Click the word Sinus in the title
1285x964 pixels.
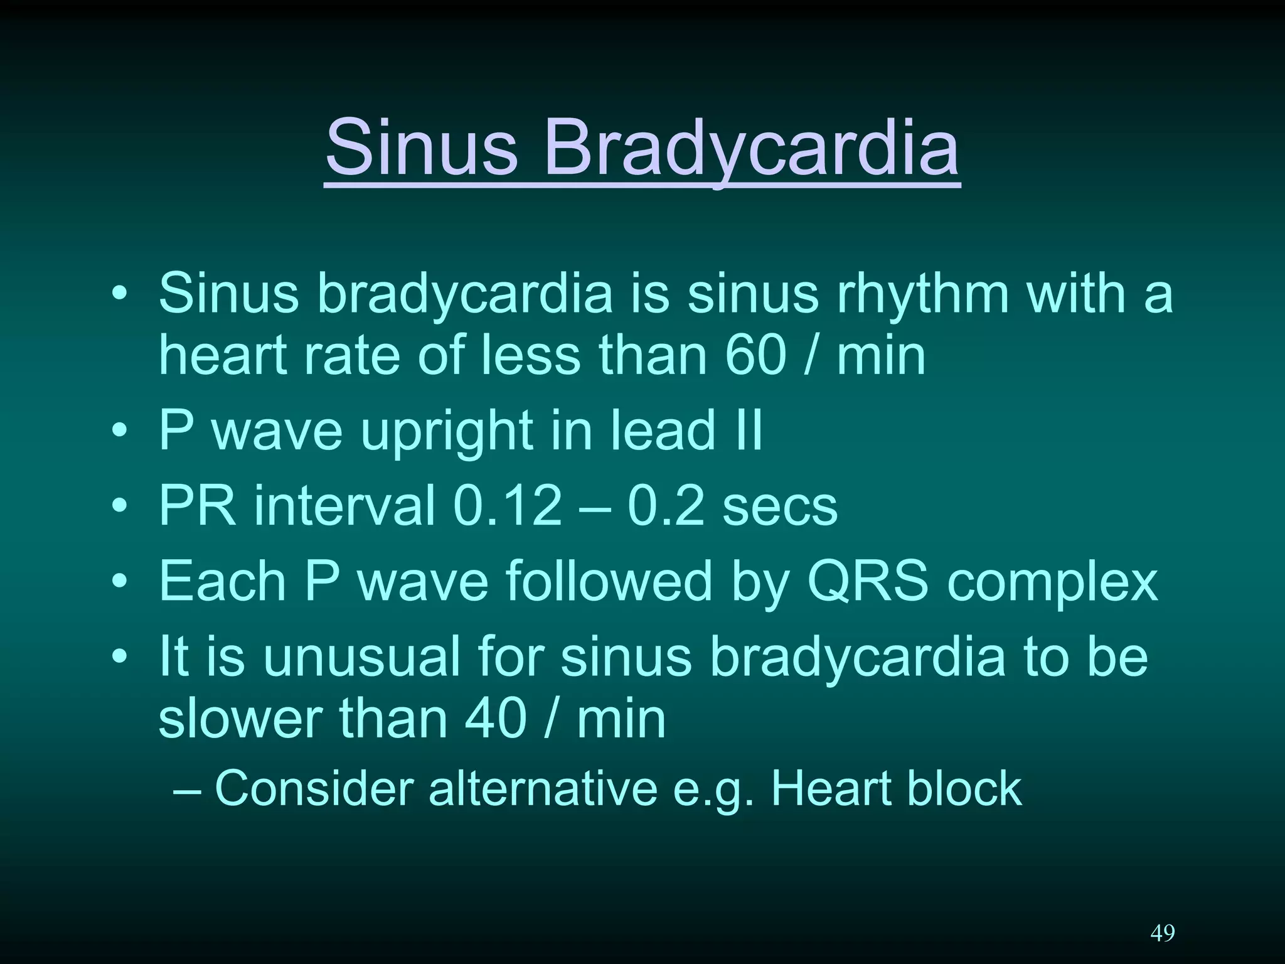coord(422,148)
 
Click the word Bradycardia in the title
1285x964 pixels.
coord(751,148)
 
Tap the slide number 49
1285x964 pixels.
coord(1162,933)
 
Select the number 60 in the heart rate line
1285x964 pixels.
coord(755,355)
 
